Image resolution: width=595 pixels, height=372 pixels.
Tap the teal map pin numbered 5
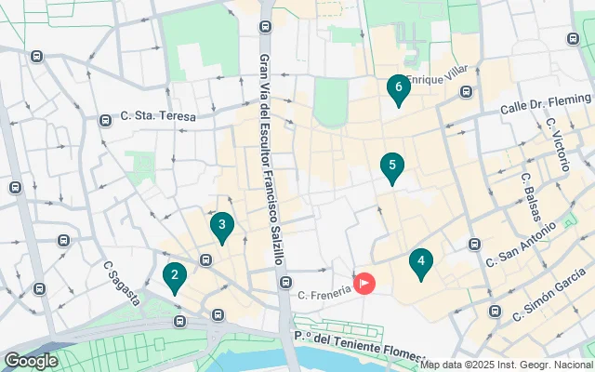pyautogui.click(x=392, y=167)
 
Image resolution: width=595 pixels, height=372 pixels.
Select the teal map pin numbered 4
pyautogui.click(x=421, y=263)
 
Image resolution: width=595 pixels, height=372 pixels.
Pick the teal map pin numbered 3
pyautogui.click(x=221, y=225)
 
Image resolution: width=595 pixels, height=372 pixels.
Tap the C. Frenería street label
pyautogui.click(x=324, y=294)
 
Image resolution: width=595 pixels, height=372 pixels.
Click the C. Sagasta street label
pyautogui.click(x=121, y=283)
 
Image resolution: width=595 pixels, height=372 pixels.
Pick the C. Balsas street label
pyautogui.click(x=533, y=196)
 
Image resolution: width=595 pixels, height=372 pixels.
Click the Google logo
pyautogui.click(x=31, y=360)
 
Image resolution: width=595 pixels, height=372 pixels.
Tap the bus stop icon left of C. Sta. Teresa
pyautogui.click(x=104, y=120)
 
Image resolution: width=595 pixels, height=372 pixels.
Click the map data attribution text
pyautogui.click(x=507, y=365)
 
